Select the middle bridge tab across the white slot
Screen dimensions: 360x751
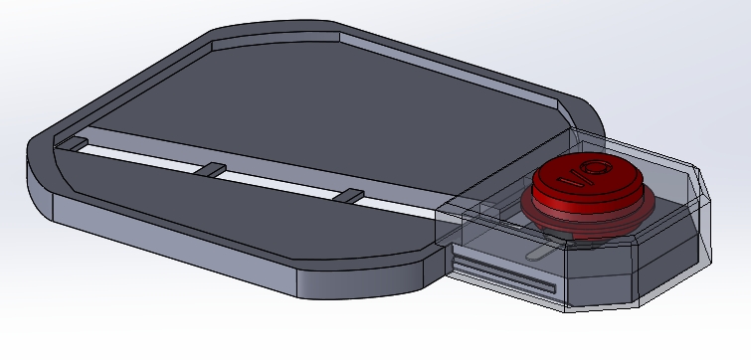(x=211, y=170)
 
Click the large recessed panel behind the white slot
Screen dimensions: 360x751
(x=298, y=109)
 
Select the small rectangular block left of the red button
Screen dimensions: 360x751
(x=489, y=210)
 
